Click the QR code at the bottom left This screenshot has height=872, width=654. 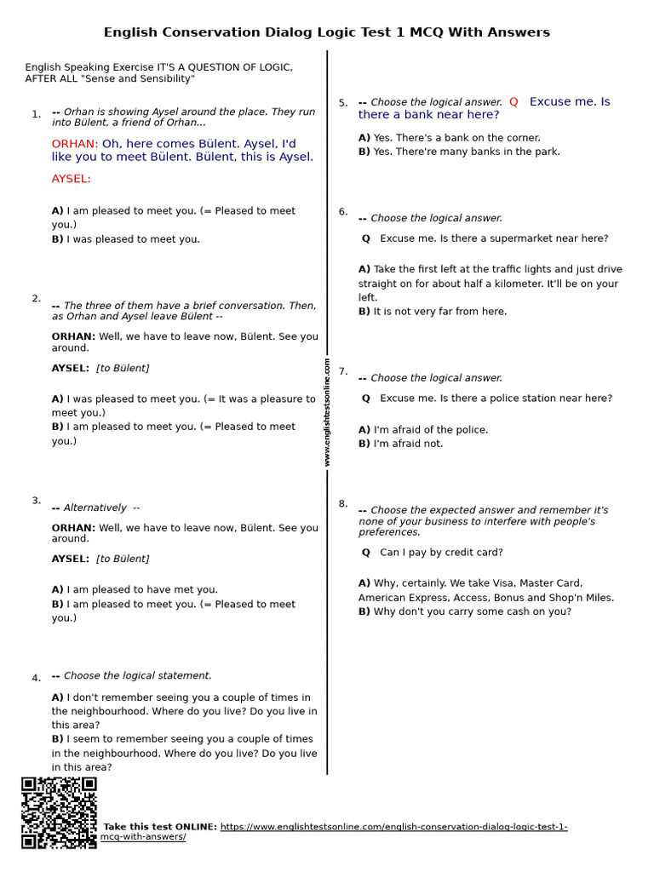point(59,812)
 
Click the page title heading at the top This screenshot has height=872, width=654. point(327,32)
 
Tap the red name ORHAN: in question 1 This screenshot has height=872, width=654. point(75,144)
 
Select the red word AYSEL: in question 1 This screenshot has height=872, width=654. point(71,179)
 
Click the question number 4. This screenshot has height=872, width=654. point(36,679)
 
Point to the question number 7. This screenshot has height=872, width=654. point(343,371)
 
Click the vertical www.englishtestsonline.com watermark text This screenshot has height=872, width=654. point(327,412)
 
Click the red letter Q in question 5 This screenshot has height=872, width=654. point(513,102)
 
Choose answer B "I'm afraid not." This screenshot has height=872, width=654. point(400,444)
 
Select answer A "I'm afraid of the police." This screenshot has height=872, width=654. point(423,430)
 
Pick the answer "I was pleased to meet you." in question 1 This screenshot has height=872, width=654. point(126,239)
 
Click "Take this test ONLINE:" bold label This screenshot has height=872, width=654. point(160,827)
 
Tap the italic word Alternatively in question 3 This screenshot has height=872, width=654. point(95,508)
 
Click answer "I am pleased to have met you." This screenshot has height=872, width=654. point(135,589)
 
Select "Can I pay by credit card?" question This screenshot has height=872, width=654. point(441,553)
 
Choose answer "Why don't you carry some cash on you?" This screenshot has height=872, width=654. point(465,611)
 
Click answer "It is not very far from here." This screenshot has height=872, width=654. point(433,312)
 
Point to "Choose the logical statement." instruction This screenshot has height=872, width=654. point(137,676)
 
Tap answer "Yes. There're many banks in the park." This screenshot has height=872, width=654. point(459,152)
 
